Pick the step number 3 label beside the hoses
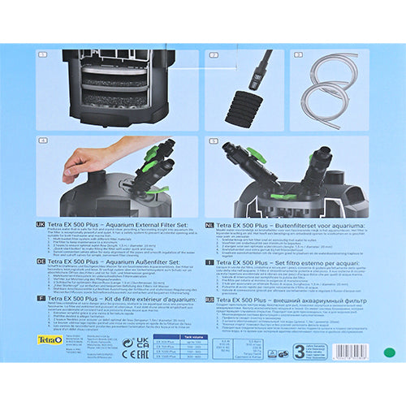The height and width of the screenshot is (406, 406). click(297, 54)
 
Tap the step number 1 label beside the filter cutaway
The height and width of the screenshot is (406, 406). click(42, 54)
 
